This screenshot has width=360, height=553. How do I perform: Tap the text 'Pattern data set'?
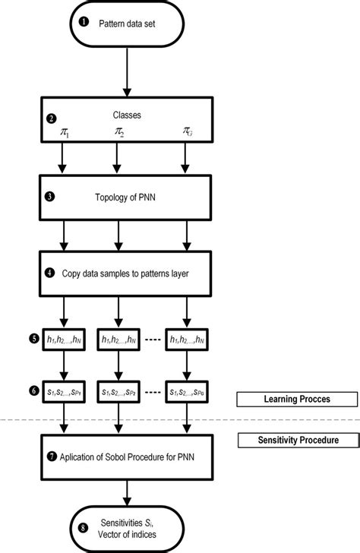128,23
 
